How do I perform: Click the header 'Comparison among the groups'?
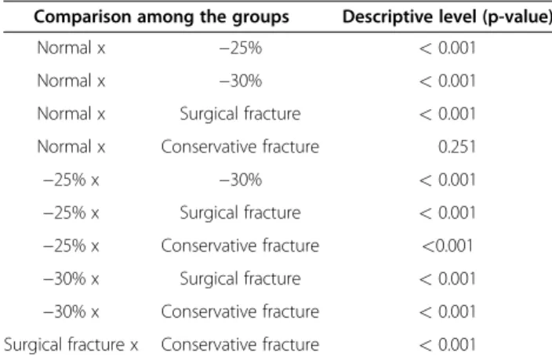[x=162, y=17]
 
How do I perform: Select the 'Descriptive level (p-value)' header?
[x=447, y=17]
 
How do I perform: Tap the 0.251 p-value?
[x=457, y=147]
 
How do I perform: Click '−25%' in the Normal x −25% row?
[x=241, y=48]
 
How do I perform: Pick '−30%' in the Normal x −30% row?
[x=241, y=81]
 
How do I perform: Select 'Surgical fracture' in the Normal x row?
[x=240, y=114]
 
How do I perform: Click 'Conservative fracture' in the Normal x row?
[x=240, y=147]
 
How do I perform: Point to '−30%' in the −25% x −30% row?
[x=241, y=180]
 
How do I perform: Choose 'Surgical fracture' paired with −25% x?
[x=240, y=213]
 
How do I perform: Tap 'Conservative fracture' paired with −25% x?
[x=240, y=245]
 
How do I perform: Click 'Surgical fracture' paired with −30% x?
[x=240, y=278]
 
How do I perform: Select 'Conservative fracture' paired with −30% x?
[x=240, y=311]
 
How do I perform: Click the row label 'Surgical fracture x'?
[x=71, y=344]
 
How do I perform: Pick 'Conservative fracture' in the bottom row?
[x=240, y=344]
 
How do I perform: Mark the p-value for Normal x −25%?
[x=447, y=48]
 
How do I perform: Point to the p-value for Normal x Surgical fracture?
[x=447, y=114]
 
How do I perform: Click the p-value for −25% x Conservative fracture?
[x=447, y=245]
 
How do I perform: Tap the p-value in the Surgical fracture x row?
[x=447, y=344]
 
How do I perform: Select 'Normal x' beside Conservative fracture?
[x=71, y=147]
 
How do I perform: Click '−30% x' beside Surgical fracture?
[x=71, y=278]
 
